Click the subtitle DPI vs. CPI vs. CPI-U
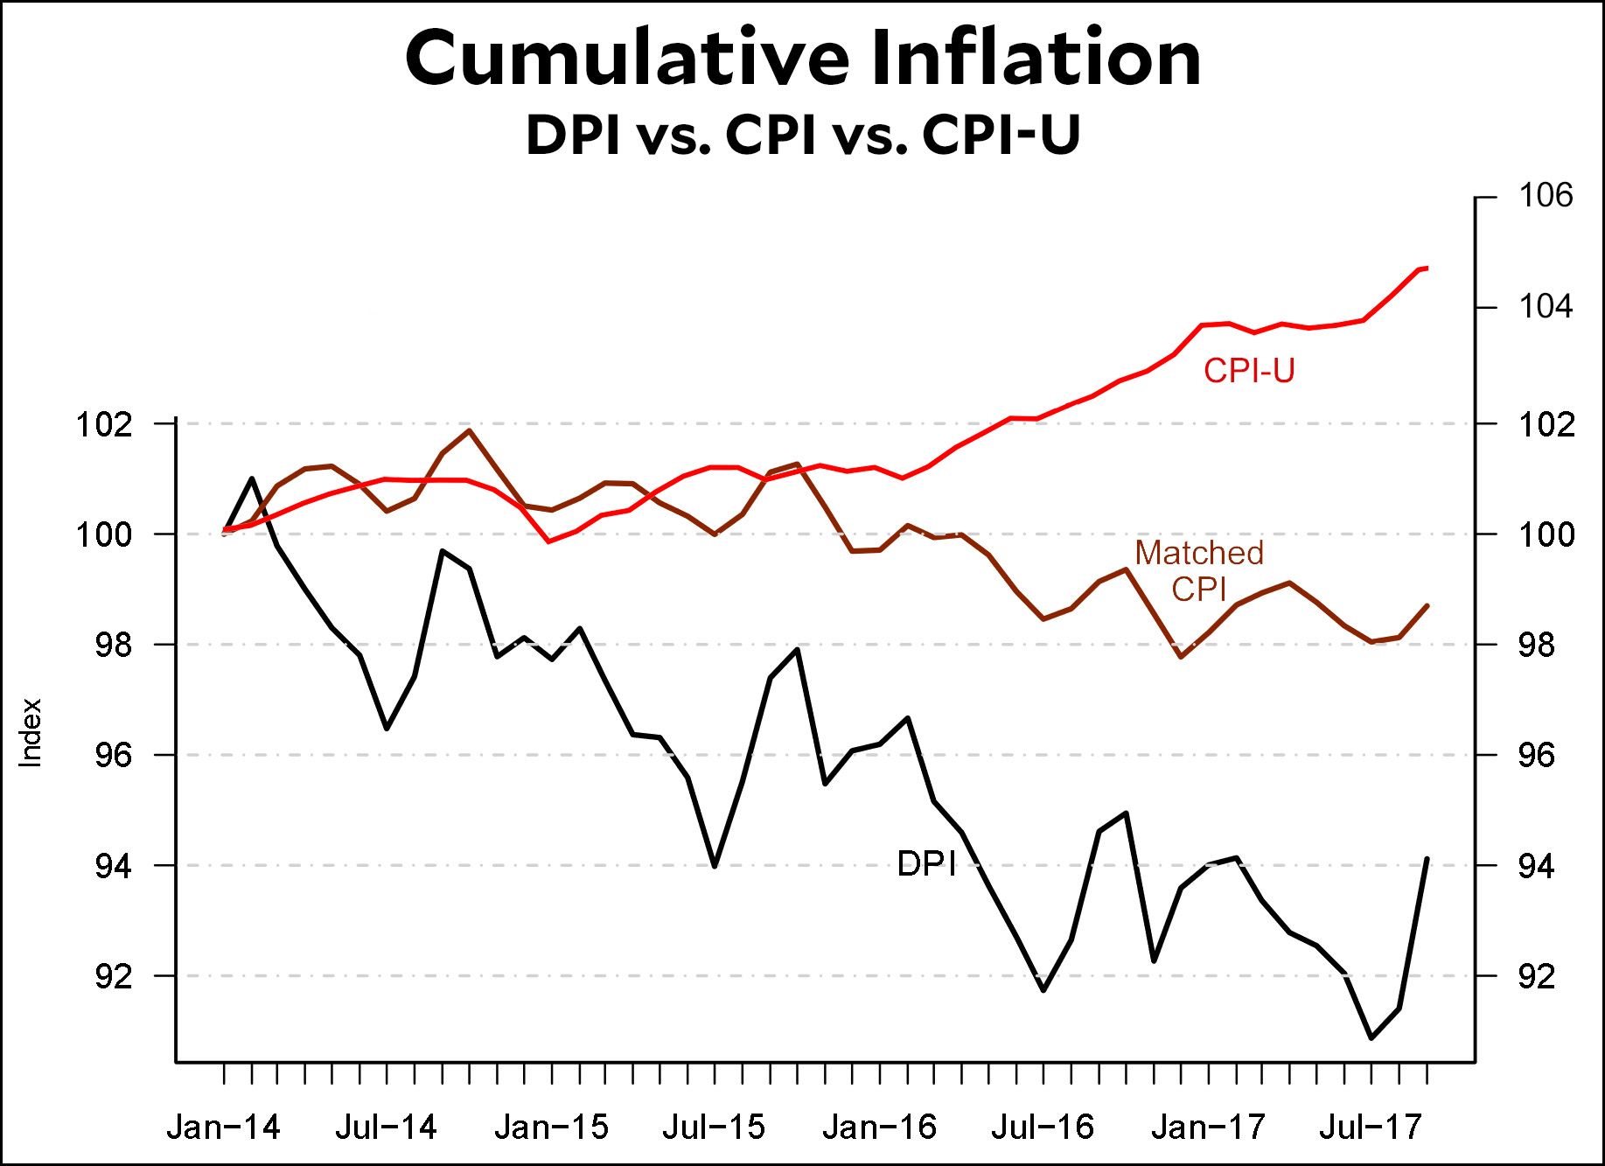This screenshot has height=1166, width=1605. point(803,135)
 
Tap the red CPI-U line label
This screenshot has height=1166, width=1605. point(1248,371)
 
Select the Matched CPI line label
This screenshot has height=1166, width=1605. point(1199,570)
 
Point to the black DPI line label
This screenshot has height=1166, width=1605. point(926,863)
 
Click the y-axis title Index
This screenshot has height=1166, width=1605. point(31,733)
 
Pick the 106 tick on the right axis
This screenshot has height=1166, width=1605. point(1546,195)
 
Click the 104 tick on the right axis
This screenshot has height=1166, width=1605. point(1546,307)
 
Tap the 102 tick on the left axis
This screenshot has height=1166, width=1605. point(104,425)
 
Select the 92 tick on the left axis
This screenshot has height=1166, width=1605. point(114,976)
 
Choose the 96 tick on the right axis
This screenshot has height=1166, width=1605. point(1537,755)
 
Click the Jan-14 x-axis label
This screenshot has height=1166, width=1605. point(223,1128)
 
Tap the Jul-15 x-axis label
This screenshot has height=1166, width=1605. point(714,1128)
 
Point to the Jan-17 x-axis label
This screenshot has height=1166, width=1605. point(1208,1128)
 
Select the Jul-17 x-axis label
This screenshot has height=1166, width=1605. point(1371,1128)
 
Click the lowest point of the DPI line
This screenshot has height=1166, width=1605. point(1371,1038)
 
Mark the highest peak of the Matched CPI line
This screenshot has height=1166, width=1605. point(470,430)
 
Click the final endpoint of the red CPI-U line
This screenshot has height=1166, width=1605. point(1427,268)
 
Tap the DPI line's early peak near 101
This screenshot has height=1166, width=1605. point(252,478)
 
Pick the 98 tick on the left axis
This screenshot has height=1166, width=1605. point(114,646)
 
